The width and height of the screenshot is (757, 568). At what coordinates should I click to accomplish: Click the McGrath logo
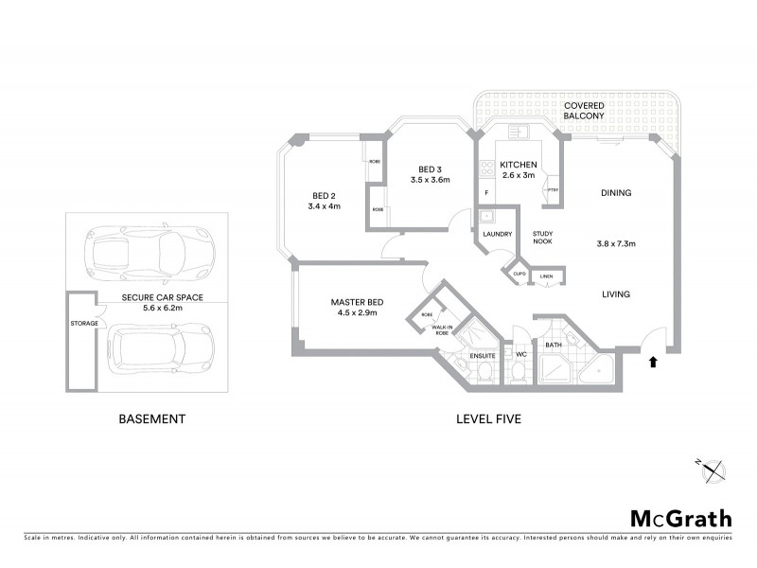point(680,518)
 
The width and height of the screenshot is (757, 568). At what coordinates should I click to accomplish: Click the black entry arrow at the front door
point(652,361)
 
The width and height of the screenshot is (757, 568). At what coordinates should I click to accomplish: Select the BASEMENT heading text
point(151,417)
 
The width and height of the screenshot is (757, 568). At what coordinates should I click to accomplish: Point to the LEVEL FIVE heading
point(488,417)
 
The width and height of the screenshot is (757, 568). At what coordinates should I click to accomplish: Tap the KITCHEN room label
point(519,164)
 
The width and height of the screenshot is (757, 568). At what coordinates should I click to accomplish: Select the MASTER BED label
point(355,302)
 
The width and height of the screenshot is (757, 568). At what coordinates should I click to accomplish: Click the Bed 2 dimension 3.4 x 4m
point(324,205)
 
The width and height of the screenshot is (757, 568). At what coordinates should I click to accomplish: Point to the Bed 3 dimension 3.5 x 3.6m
point(430,179)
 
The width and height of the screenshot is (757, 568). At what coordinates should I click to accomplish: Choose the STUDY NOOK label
point(542,237)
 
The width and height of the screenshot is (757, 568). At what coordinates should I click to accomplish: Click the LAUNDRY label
point(497,234)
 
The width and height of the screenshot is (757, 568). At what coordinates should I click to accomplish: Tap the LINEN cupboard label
point(547,277)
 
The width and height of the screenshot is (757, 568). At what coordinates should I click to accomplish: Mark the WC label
point(519,355)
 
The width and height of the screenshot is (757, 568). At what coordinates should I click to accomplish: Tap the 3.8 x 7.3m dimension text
point(616,243)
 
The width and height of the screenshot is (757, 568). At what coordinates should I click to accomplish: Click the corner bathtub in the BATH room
point(596,370)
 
